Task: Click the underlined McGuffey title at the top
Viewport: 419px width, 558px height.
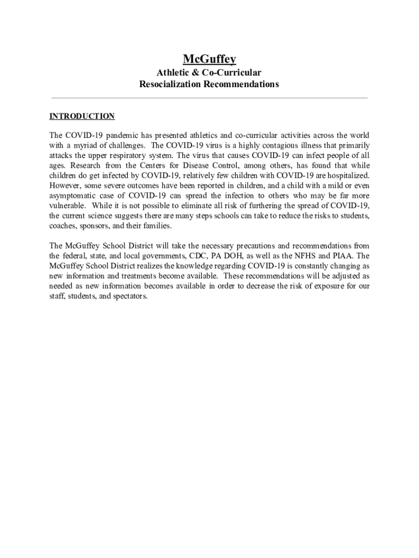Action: [x=209, y=59]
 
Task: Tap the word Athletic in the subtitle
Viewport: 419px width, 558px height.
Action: [x=175, y=72]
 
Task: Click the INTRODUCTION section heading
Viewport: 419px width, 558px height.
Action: [x=82, y=116]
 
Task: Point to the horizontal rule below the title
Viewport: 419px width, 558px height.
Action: [x=209, y=98]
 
